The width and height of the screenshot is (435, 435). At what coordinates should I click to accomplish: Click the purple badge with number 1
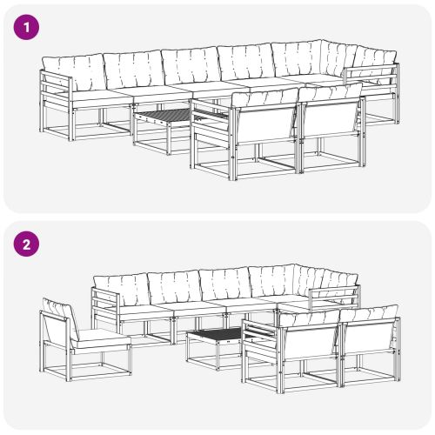point(27,27)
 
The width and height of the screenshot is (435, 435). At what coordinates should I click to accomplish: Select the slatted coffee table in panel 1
point(163,118)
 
